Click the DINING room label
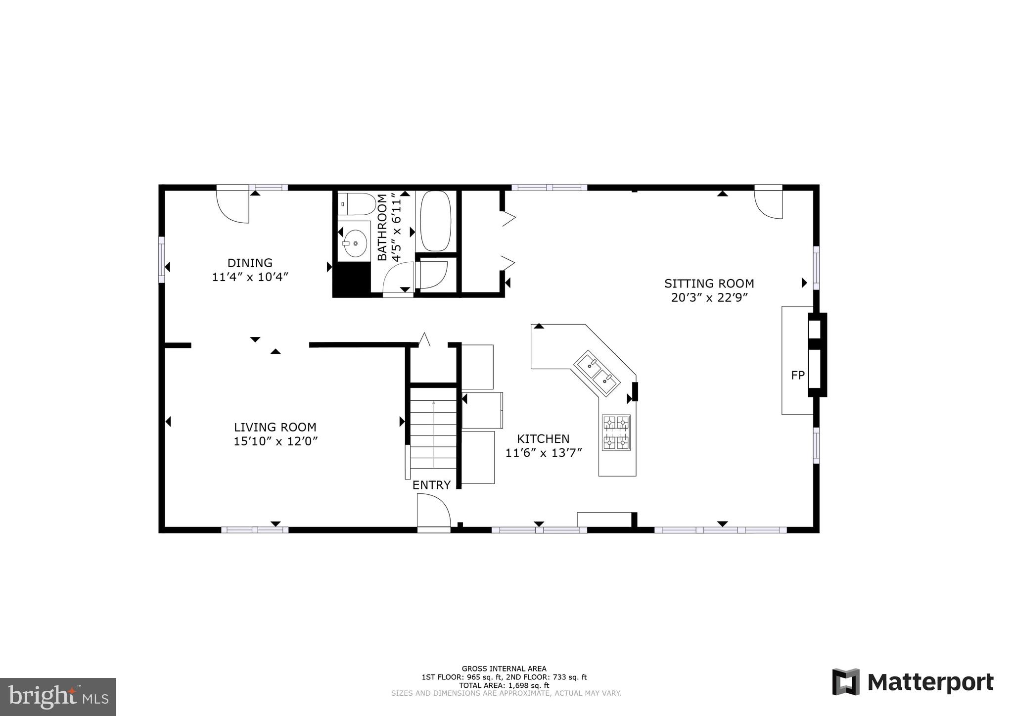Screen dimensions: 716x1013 [250, 263]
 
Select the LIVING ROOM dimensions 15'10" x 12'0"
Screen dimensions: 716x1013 [275, 441]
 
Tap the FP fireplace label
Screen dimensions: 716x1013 [797, 376]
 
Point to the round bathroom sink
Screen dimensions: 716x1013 [355, 243]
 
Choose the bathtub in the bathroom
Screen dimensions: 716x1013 [435, 221]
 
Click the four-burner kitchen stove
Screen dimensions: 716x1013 [616, 432]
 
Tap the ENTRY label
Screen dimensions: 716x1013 [431, 485]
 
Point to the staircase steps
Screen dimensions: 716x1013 [433, 428]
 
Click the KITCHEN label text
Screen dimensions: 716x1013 [543, 439]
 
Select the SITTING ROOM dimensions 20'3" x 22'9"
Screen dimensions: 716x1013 [709, 298]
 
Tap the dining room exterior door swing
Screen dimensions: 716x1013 [233, 205]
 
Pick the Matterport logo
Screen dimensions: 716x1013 [913, 682]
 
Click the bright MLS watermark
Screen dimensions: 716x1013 [58, 697]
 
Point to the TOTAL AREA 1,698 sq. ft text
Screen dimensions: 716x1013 [504, 685]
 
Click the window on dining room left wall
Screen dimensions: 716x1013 [161, 260]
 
